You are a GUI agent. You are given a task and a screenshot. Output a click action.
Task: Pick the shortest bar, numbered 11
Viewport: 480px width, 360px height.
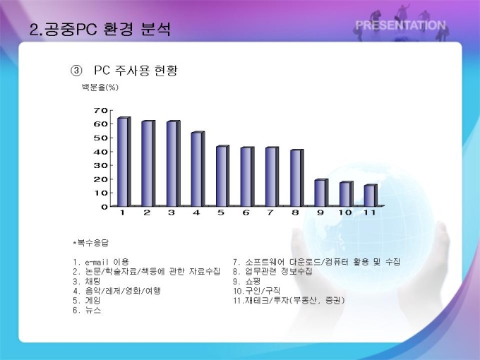(371, 196)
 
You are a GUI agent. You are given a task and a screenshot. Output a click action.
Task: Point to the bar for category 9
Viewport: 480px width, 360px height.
(321, 193)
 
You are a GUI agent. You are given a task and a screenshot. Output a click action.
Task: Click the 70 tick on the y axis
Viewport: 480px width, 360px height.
(101, 110)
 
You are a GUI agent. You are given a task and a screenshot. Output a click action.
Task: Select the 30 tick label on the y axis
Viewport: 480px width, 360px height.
(101, 165)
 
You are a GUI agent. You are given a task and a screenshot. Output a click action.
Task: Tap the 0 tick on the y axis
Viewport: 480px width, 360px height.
(104, 207)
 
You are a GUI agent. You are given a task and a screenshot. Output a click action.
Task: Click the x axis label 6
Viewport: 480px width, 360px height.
(246, 212)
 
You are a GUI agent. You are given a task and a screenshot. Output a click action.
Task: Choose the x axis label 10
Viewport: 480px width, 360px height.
(345, 212)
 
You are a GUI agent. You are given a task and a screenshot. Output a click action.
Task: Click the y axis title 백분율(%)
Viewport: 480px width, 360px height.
(100, 88)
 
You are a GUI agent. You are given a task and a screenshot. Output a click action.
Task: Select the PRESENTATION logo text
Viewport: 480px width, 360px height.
(400, 25)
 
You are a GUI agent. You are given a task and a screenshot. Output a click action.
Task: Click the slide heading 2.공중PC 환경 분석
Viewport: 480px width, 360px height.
(100, 30)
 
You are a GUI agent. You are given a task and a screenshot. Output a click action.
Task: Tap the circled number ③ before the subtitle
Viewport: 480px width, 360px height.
(76, 71)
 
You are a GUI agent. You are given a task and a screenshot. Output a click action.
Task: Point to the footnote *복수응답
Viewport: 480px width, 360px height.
(91, 243)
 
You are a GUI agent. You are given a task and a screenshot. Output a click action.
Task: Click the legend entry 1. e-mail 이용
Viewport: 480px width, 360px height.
(101, 262)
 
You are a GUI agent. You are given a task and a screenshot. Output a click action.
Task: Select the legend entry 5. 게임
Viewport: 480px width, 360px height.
(87, 301)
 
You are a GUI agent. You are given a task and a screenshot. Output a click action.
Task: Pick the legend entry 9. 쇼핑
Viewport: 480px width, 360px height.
(247, 282)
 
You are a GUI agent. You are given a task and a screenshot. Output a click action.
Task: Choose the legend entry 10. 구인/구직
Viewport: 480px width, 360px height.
(256, 291)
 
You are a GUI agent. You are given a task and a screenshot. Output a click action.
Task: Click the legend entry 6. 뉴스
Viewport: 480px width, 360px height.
(87, 311)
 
